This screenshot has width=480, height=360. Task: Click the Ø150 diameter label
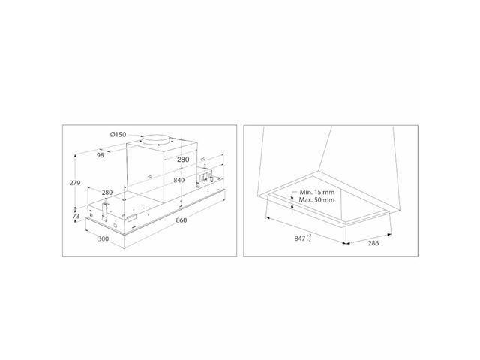(118, 134)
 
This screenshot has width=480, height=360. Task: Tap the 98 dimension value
(100, 155)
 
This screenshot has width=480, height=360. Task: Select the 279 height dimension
(75, 183)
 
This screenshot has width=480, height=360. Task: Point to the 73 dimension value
(76, 216)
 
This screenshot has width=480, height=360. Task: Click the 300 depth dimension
(103, 238)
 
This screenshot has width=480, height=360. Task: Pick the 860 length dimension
(181, 220)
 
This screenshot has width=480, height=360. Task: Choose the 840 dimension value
(179, 180)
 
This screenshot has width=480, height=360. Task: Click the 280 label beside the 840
(183, 160)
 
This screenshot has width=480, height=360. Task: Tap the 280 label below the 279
(107, 193)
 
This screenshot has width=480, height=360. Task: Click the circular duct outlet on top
(155, 139)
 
